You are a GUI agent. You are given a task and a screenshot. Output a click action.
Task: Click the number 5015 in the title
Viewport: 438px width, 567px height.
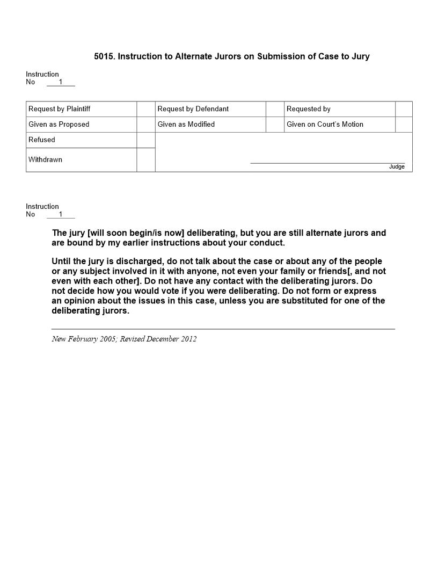103,56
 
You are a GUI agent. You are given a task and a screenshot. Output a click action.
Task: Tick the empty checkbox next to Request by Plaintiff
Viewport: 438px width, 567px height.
146,109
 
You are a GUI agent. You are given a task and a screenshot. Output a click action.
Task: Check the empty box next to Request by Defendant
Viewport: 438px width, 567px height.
275,109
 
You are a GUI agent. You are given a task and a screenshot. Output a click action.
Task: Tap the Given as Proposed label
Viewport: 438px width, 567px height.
59,125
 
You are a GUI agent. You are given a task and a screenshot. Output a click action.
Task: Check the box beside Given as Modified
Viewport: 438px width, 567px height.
275,125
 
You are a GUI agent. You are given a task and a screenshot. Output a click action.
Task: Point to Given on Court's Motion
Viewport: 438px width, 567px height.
325,125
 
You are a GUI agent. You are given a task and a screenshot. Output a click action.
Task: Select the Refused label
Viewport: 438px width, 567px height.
42,140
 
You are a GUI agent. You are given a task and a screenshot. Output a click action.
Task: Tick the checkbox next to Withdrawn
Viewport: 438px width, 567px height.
146,160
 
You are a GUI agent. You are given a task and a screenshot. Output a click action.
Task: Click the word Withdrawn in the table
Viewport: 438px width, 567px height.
45,160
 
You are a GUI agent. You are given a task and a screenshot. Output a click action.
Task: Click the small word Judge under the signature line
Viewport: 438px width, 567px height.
397,167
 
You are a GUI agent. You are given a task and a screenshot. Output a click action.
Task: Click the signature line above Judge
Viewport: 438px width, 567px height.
327,163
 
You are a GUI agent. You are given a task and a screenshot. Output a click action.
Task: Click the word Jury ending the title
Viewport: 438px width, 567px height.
360,56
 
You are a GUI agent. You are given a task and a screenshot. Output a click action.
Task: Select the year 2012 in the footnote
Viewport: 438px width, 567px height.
188,339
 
